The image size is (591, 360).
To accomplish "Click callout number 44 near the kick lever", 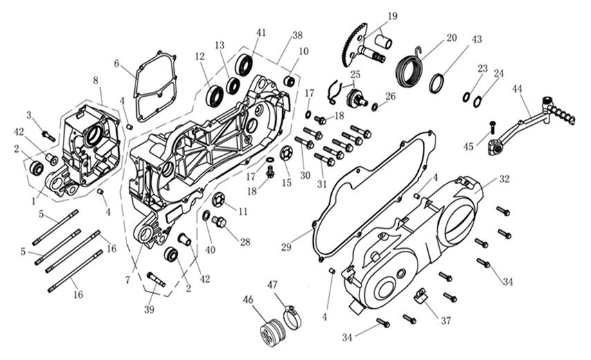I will (518, 89).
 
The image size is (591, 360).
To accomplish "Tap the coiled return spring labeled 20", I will (413, 68).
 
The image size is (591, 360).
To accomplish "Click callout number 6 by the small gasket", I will (118, 64).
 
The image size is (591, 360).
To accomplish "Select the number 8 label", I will (95, 81).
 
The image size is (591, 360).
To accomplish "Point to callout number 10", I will (303, 52).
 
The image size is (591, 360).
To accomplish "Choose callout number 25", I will (355, 73).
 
